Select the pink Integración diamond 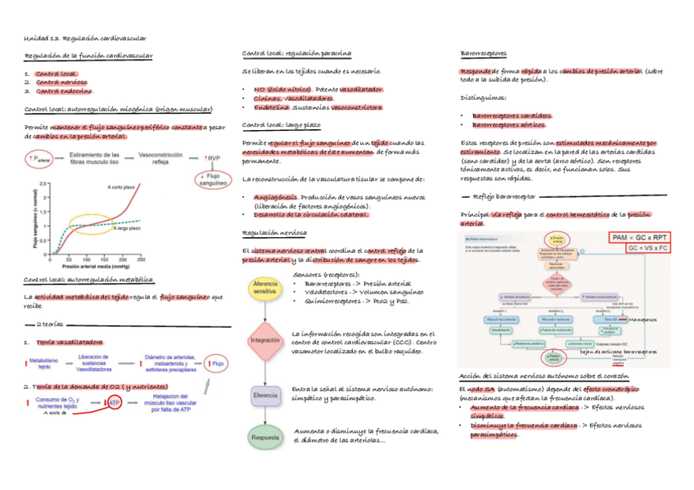click(264, 339)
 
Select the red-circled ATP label click(115, 402)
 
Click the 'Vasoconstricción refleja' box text click(160, 158)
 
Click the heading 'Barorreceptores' click(484, 53)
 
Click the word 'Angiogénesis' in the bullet click(277, 197)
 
